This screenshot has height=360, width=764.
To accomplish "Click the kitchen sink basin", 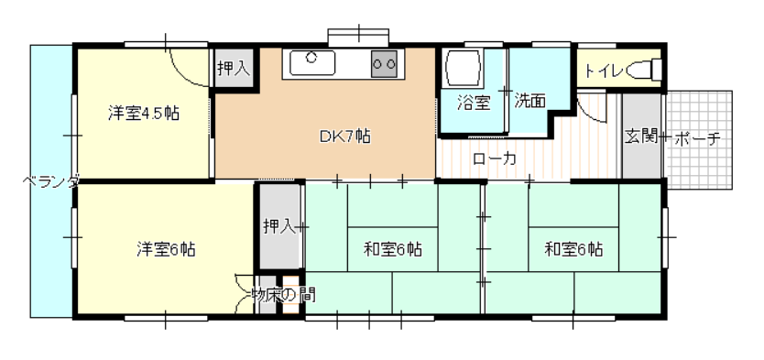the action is click(312, 63).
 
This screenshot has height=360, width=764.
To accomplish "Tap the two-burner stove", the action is click(385, 63).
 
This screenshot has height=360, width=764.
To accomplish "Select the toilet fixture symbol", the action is click(644, 70).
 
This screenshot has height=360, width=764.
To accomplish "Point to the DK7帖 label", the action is click(345, 136).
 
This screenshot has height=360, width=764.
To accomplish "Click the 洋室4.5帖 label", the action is click(143, 114).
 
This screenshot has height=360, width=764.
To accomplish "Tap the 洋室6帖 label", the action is click(166, 249).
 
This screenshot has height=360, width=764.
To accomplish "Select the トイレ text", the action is click(604, 71).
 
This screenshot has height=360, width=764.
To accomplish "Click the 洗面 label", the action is click(530, 101).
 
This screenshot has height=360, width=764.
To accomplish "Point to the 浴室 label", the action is click(474, 104).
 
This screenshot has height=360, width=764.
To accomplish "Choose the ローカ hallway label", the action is click(494, 158).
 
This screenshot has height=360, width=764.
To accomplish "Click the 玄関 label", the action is click(640, 136).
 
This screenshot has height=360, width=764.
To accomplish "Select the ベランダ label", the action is click(51, 182).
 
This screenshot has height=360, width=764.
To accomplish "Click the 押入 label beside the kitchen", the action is click(234, 69).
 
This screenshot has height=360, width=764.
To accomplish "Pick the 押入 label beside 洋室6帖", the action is click(279, 226).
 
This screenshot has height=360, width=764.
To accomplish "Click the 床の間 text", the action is click(291, 294).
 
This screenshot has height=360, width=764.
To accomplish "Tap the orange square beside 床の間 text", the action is click(291, 295).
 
